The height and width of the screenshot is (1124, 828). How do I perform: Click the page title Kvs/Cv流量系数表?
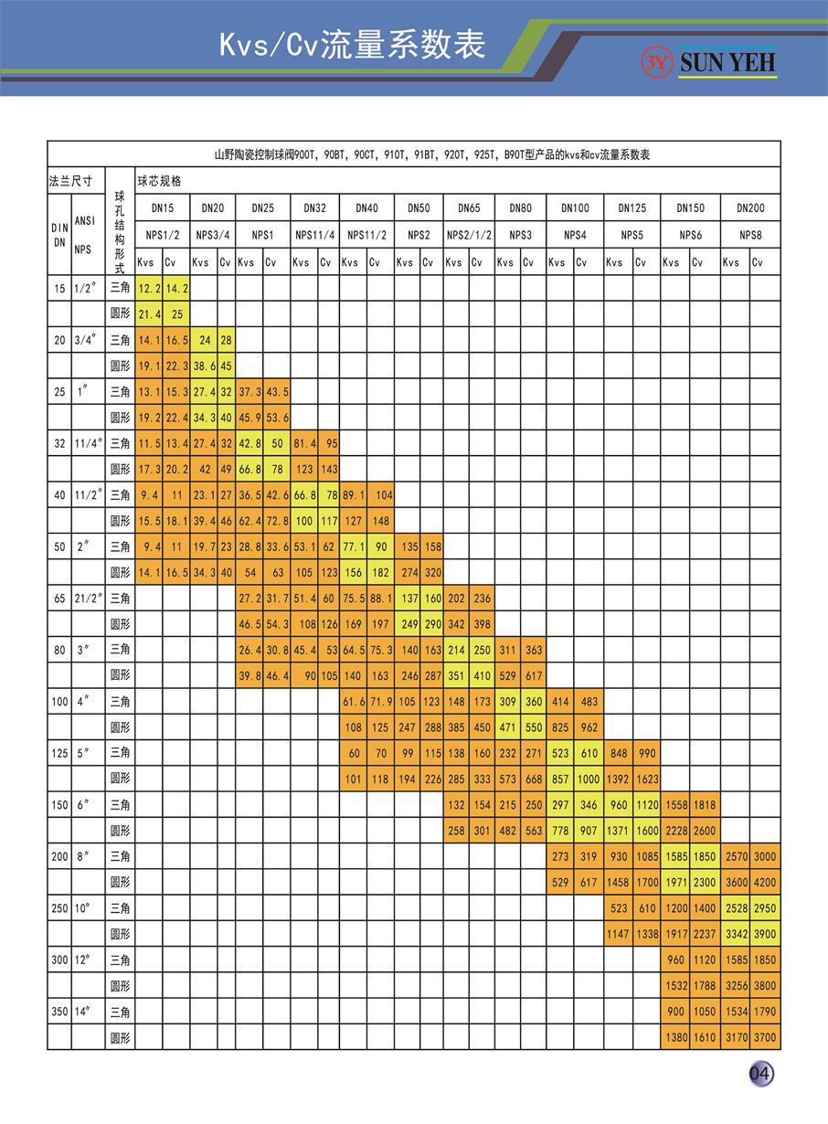click(x=352, y=45)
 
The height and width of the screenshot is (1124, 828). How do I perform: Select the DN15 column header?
click(x=162, y=208)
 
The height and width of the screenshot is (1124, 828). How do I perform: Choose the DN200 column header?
click(x=750, y=208)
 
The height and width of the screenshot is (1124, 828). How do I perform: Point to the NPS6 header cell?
click(x=690, y=235)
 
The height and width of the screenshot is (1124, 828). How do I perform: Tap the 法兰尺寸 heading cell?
click(x=70, y=181)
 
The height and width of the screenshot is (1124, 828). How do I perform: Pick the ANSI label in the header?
click(x=84, y=220)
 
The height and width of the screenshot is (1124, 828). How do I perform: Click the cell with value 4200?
click(x=765, y=883)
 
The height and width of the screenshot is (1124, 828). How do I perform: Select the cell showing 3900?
click(x=765, y=934)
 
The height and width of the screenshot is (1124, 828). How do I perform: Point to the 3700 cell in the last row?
click(x=765, y=1037)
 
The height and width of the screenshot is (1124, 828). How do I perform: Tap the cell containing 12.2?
click(x=149, y=288)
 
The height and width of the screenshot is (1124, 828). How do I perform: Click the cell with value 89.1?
click(x=353, y=494)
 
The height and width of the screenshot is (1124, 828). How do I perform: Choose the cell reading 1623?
click(x=646, y=779)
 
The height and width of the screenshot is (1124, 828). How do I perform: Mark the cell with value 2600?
click(x=704, y=831)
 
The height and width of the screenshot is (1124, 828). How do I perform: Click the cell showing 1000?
click(x=589, y=779)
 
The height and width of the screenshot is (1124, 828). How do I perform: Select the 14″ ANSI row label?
click(x=84, y=1012)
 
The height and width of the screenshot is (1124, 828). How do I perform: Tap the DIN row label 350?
click(x=59, y=1012)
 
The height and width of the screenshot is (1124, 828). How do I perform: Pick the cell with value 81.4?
click(x=303, y=443)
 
